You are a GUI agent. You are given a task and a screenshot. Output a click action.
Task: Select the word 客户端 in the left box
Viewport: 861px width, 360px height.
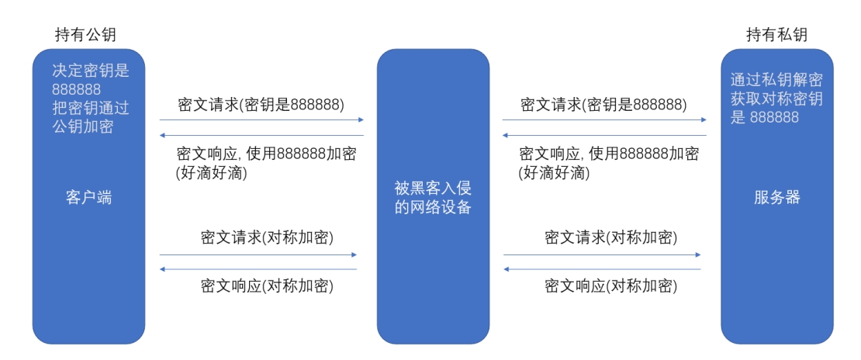coord(88,197)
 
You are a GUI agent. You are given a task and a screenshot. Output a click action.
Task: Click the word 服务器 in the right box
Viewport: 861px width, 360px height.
coord(776,197)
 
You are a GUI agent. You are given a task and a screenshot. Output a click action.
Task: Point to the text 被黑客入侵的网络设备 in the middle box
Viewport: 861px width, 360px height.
coord(433,197)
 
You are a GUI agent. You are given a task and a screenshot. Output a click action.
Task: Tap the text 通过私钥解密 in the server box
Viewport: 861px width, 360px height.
coord(776,80)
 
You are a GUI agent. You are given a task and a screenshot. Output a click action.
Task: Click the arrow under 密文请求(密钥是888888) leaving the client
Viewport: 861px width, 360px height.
coord(261,120)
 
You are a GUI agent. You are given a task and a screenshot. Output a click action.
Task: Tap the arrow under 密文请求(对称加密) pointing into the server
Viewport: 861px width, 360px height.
coord(602,254)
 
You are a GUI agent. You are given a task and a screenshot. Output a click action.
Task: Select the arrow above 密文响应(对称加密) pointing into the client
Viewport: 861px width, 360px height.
coord(258,269)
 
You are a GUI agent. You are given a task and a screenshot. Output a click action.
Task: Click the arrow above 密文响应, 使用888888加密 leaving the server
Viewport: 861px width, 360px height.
coord(604,135)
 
